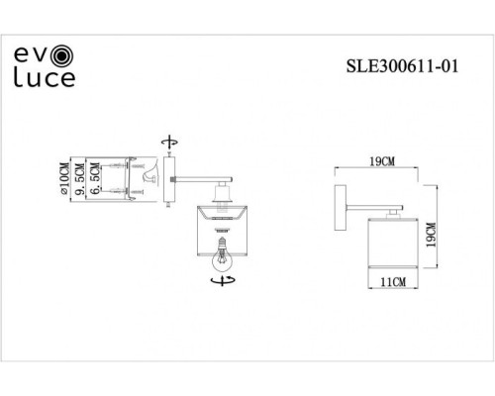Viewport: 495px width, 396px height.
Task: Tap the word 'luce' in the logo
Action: (x=45, y=75)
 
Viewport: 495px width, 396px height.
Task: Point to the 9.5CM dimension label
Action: (x=80, y=178)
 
